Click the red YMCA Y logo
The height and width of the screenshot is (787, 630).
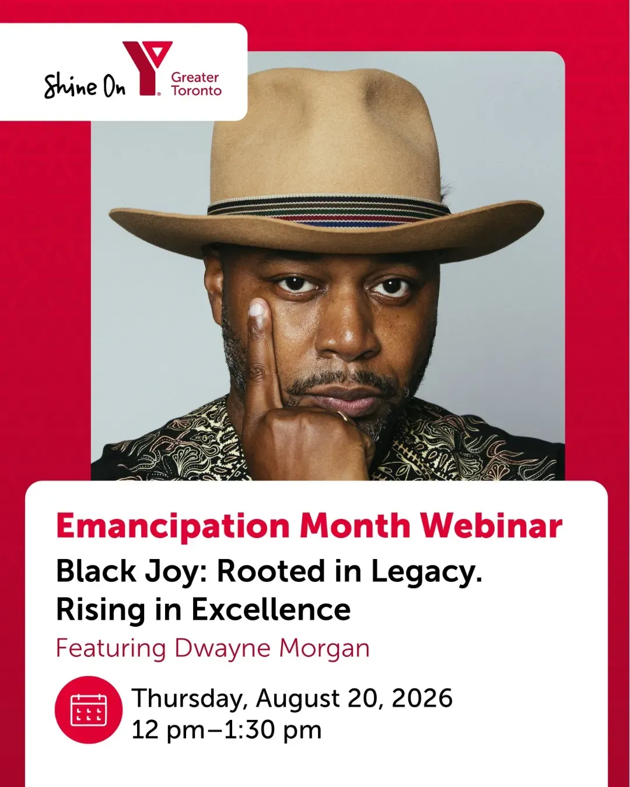coord(147,68)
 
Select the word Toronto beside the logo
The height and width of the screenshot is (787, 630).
coord(196,90)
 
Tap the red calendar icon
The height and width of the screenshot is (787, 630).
coord(89,709)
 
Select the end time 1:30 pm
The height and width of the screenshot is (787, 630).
coord(272,730)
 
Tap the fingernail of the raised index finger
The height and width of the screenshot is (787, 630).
coord(257,310)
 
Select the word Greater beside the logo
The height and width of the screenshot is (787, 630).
coord(195,77)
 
